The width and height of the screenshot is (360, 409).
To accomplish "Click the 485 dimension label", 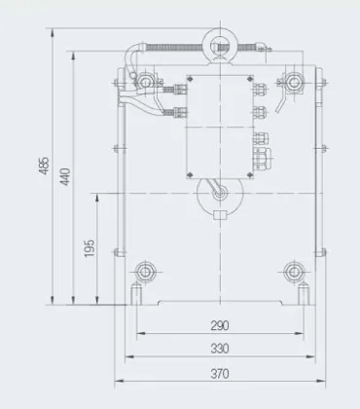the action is point(44,166).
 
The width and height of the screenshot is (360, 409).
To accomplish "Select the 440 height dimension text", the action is point(65,177).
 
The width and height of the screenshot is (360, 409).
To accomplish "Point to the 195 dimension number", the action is point(90,248).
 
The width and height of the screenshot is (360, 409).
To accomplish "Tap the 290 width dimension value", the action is point(220,325).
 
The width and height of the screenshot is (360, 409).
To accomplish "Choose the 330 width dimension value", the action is point(220,349).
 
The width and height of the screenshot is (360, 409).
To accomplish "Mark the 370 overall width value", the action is point(220,374).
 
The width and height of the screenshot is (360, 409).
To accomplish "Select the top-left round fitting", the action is point(145,83).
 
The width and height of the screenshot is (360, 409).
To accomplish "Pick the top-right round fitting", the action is point(294,82).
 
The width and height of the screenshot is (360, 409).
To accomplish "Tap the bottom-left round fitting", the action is point(145,272).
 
